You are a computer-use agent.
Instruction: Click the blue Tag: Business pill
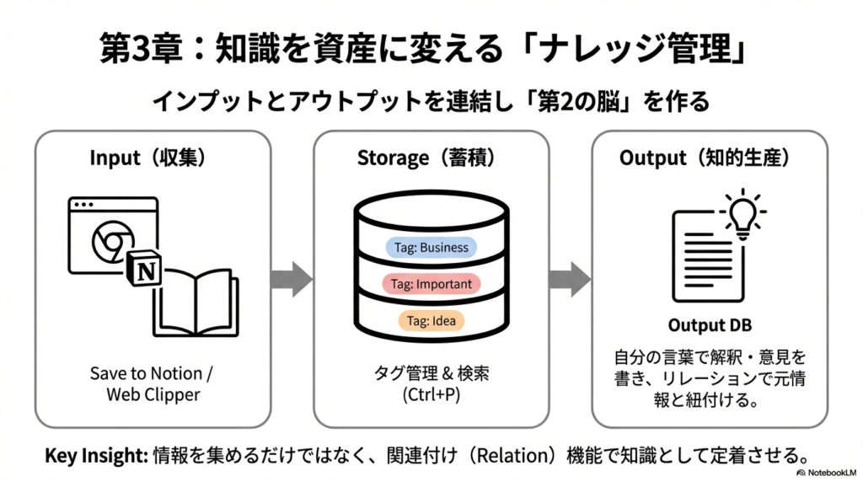click(431, 248)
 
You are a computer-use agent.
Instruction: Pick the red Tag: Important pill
click(431, 284)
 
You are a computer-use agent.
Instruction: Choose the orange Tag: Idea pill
click(431, 320)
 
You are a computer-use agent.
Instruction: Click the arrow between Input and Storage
click(292, 279)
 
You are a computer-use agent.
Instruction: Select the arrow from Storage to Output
click(570, 279)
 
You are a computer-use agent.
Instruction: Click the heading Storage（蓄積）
click(431, 158)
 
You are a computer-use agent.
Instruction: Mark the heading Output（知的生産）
click(709, 158)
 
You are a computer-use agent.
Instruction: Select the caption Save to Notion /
click(153, 373)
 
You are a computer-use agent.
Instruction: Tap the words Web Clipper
click(153, 395)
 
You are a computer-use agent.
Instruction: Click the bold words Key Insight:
click(95, 456)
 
